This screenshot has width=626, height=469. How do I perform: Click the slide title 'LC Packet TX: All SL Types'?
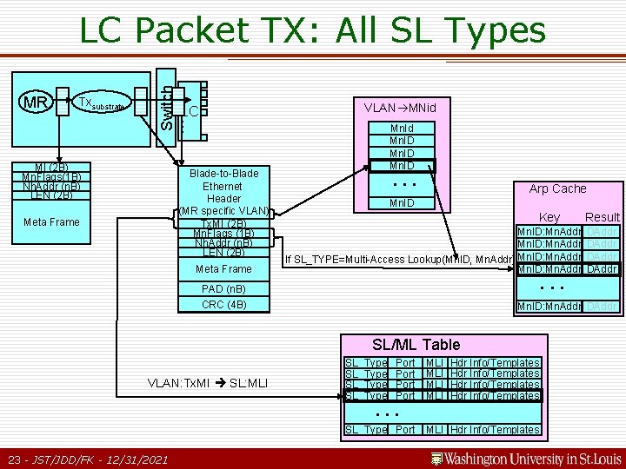click(312, 31)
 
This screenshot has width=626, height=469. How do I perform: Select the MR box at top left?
click(37, 103)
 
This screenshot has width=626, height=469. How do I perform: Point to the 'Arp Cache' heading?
click(557, 188)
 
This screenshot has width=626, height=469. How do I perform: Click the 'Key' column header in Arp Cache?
click(549, 217)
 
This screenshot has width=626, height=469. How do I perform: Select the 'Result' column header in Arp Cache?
click(602, 217)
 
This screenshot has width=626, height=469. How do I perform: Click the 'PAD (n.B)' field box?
click(224, 288)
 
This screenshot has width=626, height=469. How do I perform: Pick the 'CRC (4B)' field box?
click(224, 305)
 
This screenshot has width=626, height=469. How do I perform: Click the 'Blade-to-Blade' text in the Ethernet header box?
click(223, 173)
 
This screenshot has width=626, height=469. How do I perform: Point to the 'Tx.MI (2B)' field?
click(224, 223)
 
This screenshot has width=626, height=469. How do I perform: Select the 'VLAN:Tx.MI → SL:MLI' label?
click(208, 383)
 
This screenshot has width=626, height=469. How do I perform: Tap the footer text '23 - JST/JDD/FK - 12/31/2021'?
click(87, 459)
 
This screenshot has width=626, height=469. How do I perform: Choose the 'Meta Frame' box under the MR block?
click(51, 222)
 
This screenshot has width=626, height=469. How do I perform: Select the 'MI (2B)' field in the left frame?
click(51, 167)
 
